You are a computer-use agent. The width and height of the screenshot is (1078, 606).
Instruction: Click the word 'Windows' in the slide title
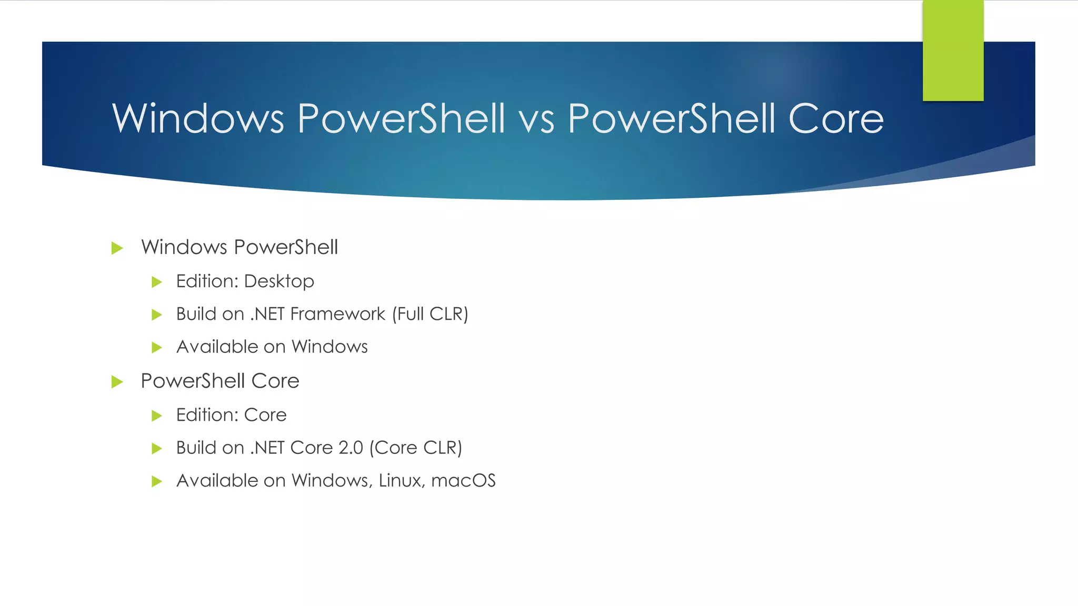click(198, 119)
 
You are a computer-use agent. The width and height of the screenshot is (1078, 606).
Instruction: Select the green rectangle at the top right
click(953, 50)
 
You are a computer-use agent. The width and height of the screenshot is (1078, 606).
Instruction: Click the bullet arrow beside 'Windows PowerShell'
click(117, 248)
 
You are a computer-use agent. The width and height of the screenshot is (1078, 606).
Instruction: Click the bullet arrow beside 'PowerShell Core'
click(117, 381)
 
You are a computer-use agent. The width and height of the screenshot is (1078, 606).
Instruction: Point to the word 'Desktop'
click(279, 281)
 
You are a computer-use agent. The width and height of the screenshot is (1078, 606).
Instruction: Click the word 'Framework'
click(337, 314)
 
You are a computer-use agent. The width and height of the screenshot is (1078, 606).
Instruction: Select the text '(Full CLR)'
click(430, 314)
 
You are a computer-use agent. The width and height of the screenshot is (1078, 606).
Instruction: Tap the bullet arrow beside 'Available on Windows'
click(156, 347)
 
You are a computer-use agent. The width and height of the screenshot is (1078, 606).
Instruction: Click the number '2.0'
click(351, 448)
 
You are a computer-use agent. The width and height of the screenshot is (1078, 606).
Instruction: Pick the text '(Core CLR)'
click(415, 448)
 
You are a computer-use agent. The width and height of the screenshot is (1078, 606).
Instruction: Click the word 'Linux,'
click(402, 480)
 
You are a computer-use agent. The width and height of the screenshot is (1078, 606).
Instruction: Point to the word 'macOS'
click(463, 480)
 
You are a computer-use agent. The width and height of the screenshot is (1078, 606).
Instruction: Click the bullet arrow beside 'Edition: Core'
click(156, 416)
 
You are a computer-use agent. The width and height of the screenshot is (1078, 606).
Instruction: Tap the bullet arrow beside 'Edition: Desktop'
click(156, 282)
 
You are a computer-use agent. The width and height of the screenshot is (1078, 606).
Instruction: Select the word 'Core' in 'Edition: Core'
click(265, 415)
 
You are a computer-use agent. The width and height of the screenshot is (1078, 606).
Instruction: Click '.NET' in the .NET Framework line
click(267, 314)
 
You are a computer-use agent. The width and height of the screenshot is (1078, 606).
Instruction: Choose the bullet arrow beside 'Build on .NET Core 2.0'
click(156, 448)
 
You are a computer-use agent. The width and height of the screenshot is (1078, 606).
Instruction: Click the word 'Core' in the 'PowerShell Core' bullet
click(275, 381)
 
